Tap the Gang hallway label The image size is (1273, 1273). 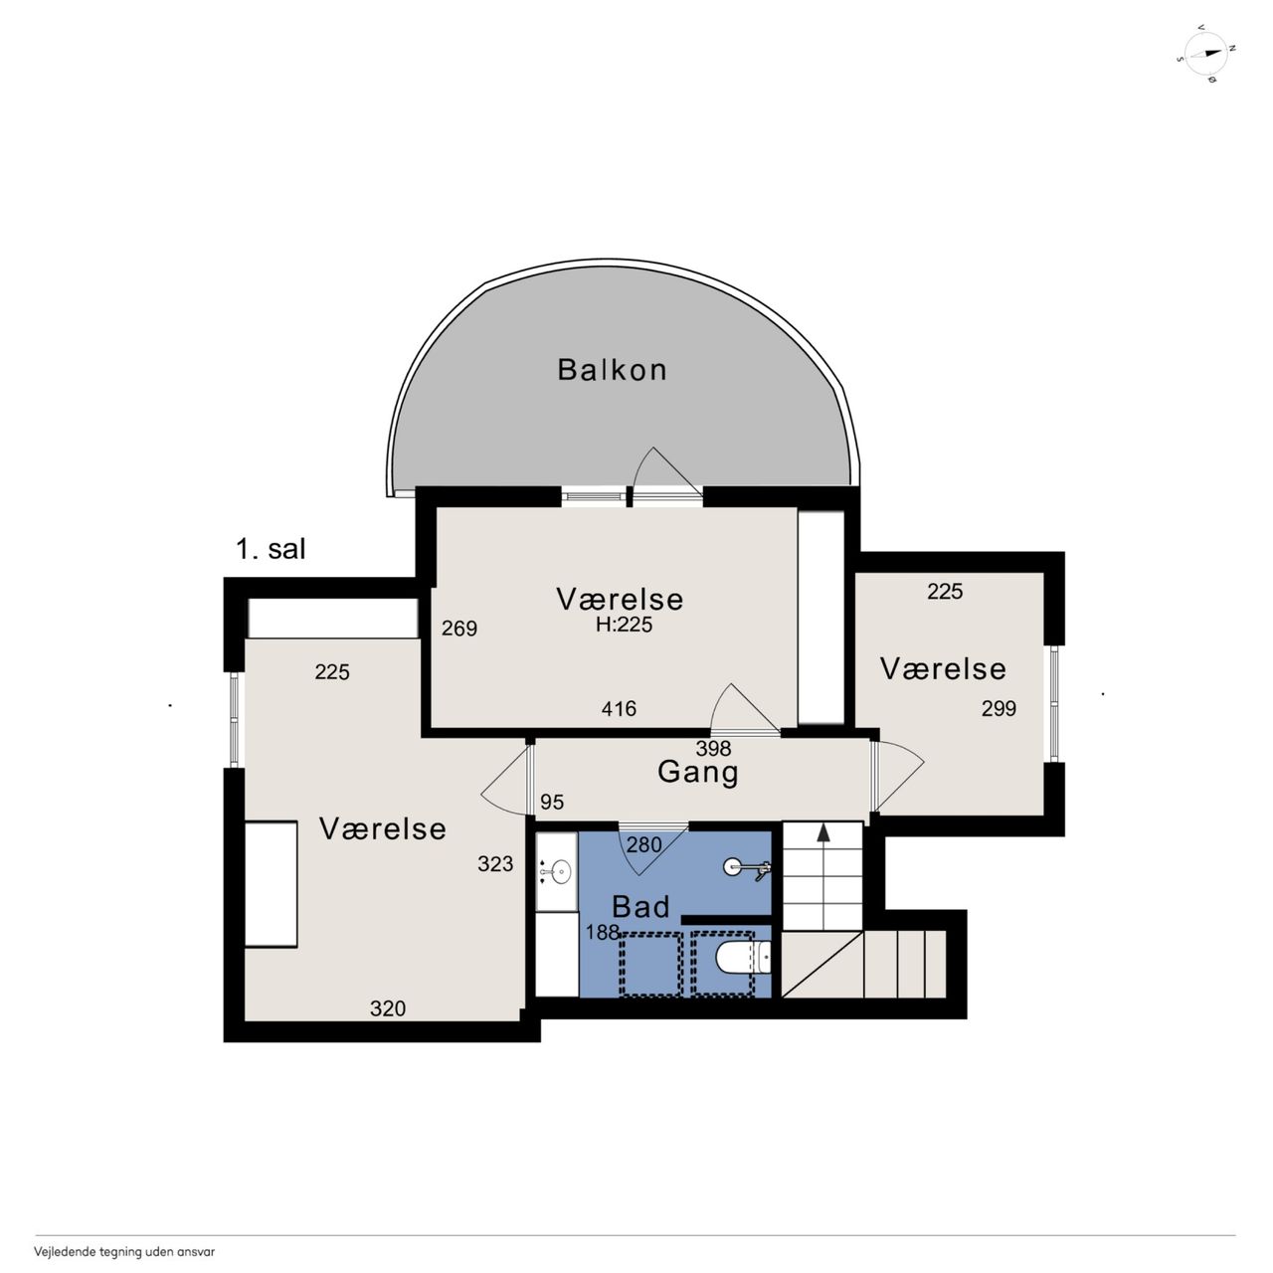coord(697,773)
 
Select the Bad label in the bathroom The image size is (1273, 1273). coord(640,906)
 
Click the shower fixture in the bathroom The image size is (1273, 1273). coord(747,868)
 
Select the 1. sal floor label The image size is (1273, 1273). coord(271,550)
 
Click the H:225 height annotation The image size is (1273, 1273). coord(624,625)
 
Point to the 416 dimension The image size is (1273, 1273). coord(619,709)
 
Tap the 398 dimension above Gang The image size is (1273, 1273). coord(713,748)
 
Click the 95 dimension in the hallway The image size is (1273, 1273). coord(552,802)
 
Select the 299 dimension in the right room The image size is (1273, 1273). coord(999,708)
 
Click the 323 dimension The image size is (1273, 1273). coord(495,863)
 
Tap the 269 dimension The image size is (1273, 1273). coord(459,628)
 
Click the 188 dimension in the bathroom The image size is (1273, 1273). coord(603,932)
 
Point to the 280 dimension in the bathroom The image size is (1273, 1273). coord(644,844)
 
